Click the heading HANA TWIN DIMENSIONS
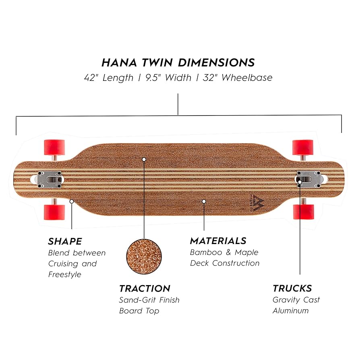(178, 63)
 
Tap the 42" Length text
(108, 78)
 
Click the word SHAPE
(65, 242)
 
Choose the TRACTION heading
(145, 289)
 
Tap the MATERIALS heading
(218, 241)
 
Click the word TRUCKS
(292, 289)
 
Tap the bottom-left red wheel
(54, 211)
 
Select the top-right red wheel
(303, 147)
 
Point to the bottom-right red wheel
(303, 211)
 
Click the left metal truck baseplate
(50, 179)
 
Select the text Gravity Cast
(296, 300)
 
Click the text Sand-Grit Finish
(149, 300)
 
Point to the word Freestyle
(64, 275)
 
